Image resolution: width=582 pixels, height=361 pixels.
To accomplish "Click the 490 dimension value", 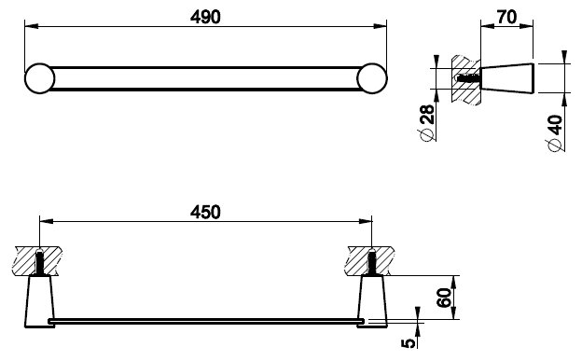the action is [x=205, y=17].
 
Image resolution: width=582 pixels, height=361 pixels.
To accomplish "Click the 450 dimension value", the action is [x=205, y=212].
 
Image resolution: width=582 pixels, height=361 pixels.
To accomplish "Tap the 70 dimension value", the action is [x=506, y=17].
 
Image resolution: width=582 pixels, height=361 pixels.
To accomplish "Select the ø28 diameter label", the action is [x=426, y=123].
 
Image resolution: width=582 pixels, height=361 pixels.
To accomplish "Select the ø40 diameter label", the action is [x=555, y=133].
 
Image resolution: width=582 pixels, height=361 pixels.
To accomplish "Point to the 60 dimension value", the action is [x=444, y=298].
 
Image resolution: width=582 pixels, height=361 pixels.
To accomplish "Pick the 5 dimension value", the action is [x=409, y=342].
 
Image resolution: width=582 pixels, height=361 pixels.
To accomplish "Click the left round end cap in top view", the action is [x=40, y=78].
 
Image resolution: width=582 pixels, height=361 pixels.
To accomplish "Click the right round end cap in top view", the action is [x=372, y=78].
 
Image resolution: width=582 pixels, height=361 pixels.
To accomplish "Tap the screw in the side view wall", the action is [x=468, y=78].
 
